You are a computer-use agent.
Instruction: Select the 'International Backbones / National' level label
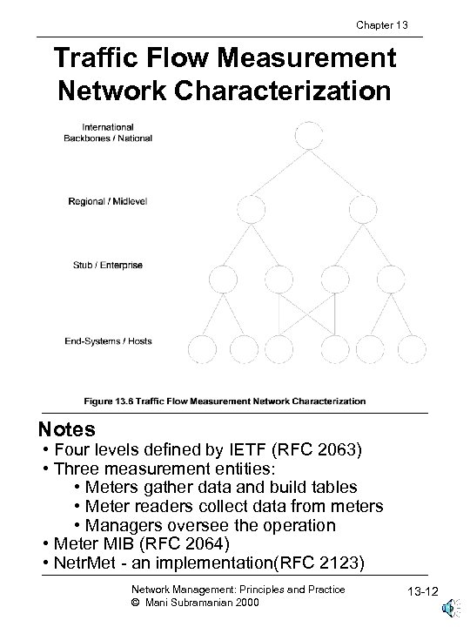pos(108,132)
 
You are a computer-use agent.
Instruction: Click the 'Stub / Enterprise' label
pos(106,264)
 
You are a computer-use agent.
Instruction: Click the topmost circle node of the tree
pos(308,136)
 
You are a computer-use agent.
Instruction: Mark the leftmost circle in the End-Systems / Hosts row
pos(202,347)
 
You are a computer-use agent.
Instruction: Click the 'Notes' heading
pos(67,430)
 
